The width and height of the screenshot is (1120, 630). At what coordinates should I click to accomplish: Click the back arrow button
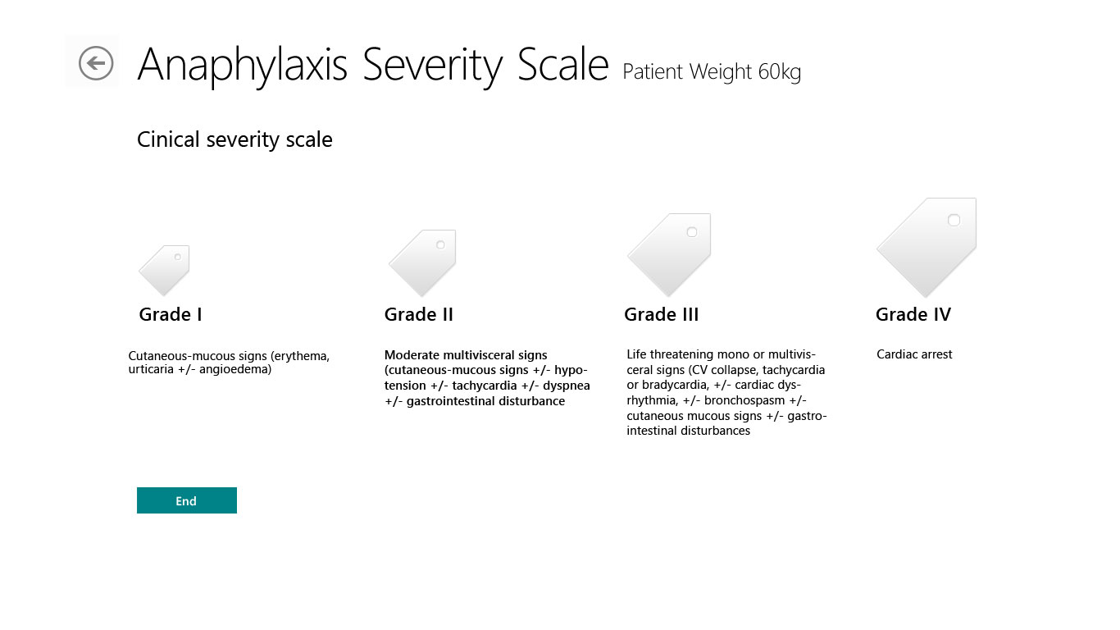click(96, 63)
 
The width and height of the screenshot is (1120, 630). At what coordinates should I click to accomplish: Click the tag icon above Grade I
click(165, 269)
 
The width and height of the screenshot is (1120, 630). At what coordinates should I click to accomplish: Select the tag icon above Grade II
click(423, 262)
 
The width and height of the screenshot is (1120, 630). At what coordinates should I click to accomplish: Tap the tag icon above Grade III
click(670, 254)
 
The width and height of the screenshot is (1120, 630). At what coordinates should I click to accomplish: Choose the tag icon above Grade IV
click(927, 246)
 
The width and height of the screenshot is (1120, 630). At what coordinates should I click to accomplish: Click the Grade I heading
click(171, 314)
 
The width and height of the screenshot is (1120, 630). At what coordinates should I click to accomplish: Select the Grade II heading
click(419, 314)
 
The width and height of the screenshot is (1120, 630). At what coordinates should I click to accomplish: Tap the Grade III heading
click(662, 314)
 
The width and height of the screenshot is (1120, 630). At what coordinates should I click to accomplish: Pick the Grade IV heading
click(913, 314)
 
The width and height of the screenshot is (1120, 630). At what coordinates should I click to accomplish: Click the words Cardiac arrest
click(914, 354)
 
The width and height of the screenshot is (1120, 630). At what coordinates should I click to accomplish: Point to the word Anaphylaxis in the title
click(243, 64)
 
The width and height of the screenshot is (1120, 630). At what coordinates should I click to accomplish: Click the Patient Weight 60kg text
click(712, 72)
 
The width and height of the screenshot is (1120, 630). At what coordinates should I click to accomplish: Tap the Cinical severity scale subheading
click(234, 140)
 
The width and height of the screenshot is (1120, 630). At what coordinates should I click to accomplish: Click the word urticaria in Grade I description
click(151, 369)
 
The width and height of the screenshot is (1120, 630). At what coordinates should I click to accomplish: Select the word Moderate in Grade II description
click(412, 355)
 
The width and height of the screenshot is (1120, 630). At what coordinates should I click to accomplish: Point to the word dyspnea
click(567, 386)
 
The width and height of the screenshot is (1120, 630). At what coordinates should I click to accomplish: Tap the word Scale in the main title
click(563, 64)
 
